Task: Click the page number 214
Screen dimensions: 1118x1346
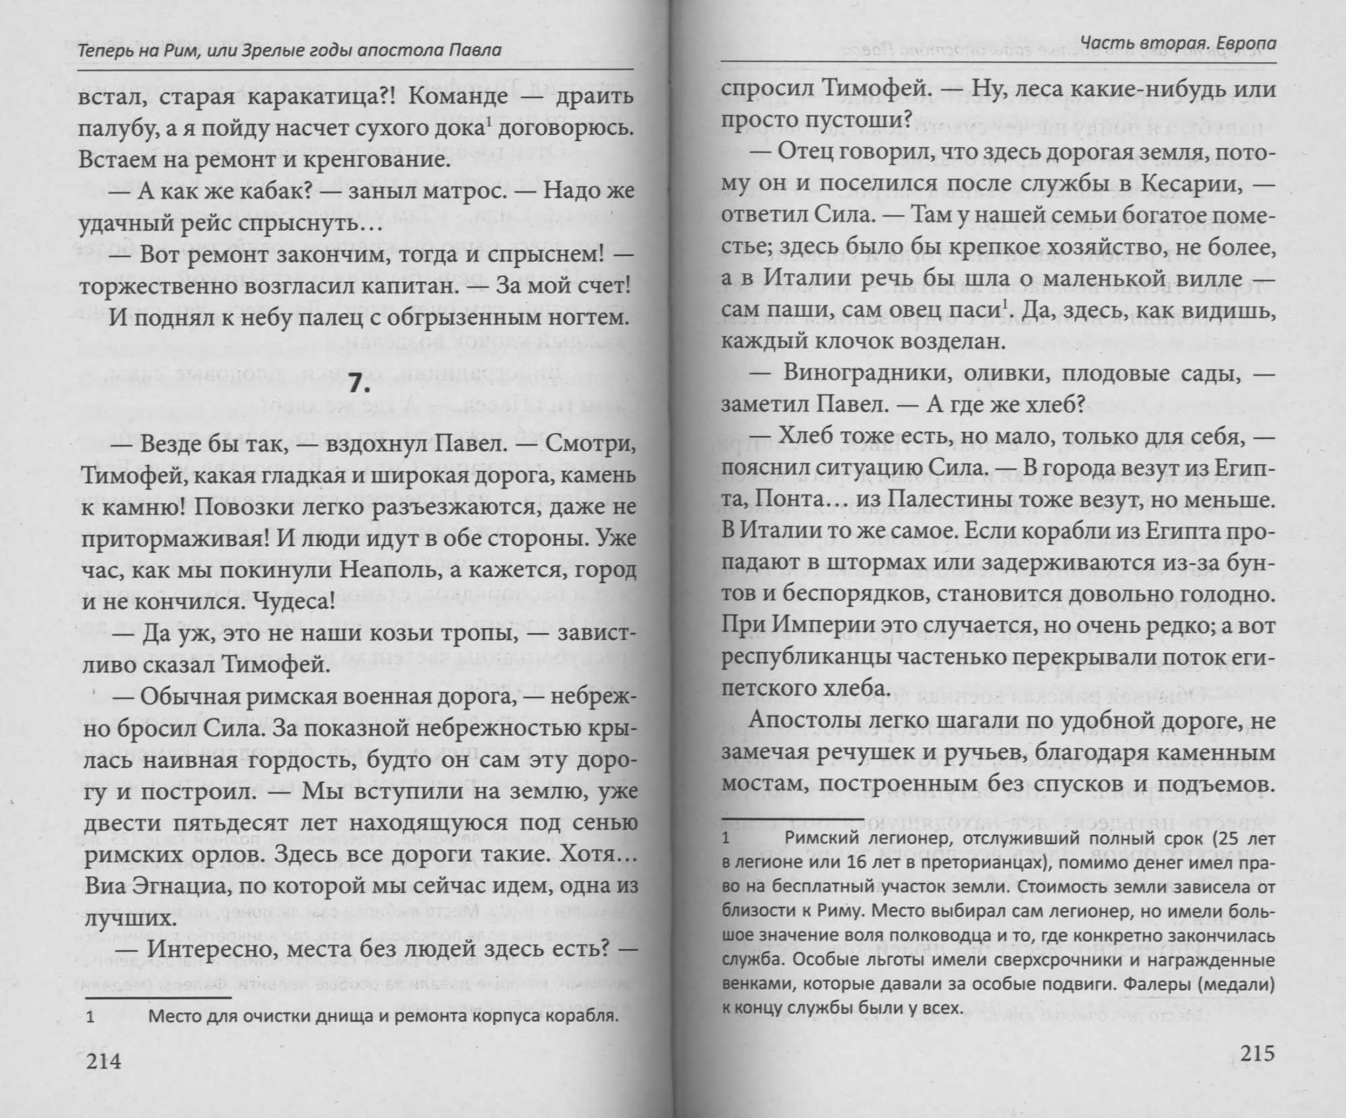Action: coord(104,1061)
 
